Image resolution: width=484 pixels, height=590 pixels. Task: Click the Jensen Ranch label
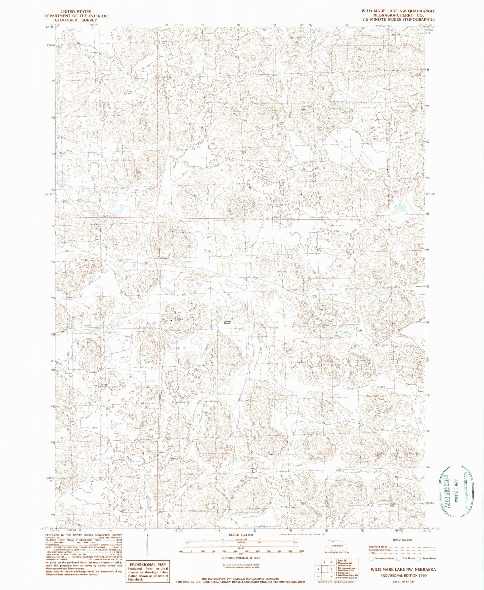[227, 322]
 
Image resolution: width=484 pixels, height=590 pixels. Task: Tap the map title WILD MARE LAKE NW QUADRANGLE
[398, 11]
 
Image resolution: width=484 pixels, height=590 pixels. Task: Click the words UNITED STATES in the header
[76, 12]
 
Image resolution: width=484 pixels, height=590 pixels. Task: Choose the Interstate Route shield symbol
[371, 558]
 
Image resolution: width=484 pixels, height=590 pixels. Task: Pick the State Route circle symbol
[419, 558]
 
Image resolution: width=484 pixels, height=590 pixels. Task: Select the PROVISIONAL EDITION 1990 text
[403, 575]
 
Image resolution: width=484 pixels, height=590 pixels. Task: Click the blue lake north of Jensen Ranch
[237, 285]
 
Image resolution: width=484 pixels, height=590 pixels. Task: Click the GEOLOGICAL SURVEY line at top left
[76, 20]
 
